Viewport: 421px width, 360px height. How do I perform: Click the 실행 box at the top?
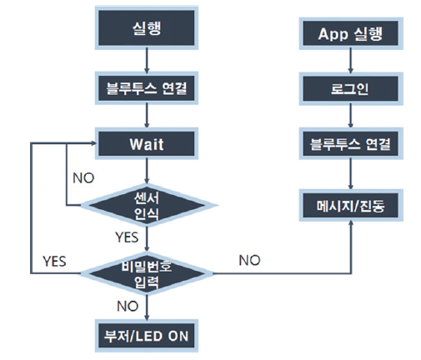pos(147,28)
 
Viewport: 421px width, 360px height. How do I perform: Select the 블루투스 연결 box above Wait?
pos(147,88)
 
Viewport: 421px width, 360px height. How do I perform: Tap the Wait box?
pos(147,143)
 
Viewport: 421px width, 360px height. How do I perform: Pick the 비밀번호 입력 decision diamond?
pos(147,273)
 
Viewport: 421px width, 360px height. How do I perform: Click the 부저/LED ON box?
pos(147,336)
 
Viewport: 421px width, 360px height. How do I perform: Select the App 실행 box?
pos(351,33)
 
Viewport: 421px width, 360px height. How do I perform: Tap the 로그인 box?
pos(351,88)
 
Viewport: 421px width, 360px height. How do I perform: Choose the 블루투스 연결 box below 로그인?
pos(351,143)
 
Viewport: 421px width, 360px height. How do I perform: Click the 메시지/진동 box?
pos(351,206)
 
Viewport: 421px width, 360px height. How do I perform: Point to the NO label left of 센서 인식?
pos(83,178)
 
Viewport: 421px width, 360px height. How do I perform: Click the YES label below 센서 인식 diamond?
pos(127,237)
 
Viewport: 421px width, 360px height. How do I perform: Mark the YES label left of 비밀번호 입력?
pos(54,262)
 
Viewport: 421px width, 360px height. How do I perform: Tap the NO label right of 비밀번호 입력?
pos(249,261)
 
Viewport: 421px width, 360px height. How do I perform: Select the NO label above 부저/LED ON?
pos(128,307)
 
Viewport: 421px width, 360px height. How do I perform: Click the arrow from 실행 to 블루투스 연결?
pos(147,61)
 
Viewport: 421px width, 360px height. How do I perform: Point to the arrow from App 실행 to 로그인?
pos(351,61)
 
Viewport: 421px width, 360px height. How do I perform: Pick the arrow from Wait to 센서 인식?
pos(147,172)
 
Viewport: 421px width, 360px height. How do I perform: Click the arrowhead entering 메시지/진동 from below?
pos(351,222)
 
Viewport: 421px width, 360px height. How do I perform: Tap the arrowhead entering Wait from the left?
pos(94,143)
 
